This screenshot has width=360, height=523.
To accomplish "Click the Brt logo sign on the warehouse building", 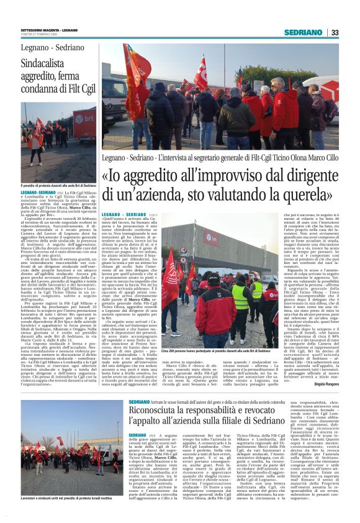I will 211,239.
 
